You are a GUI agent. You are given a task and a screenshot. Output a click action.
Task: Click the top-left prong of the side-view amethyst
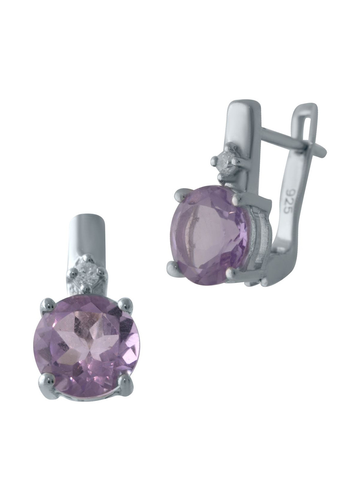[x=182, y=194]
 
